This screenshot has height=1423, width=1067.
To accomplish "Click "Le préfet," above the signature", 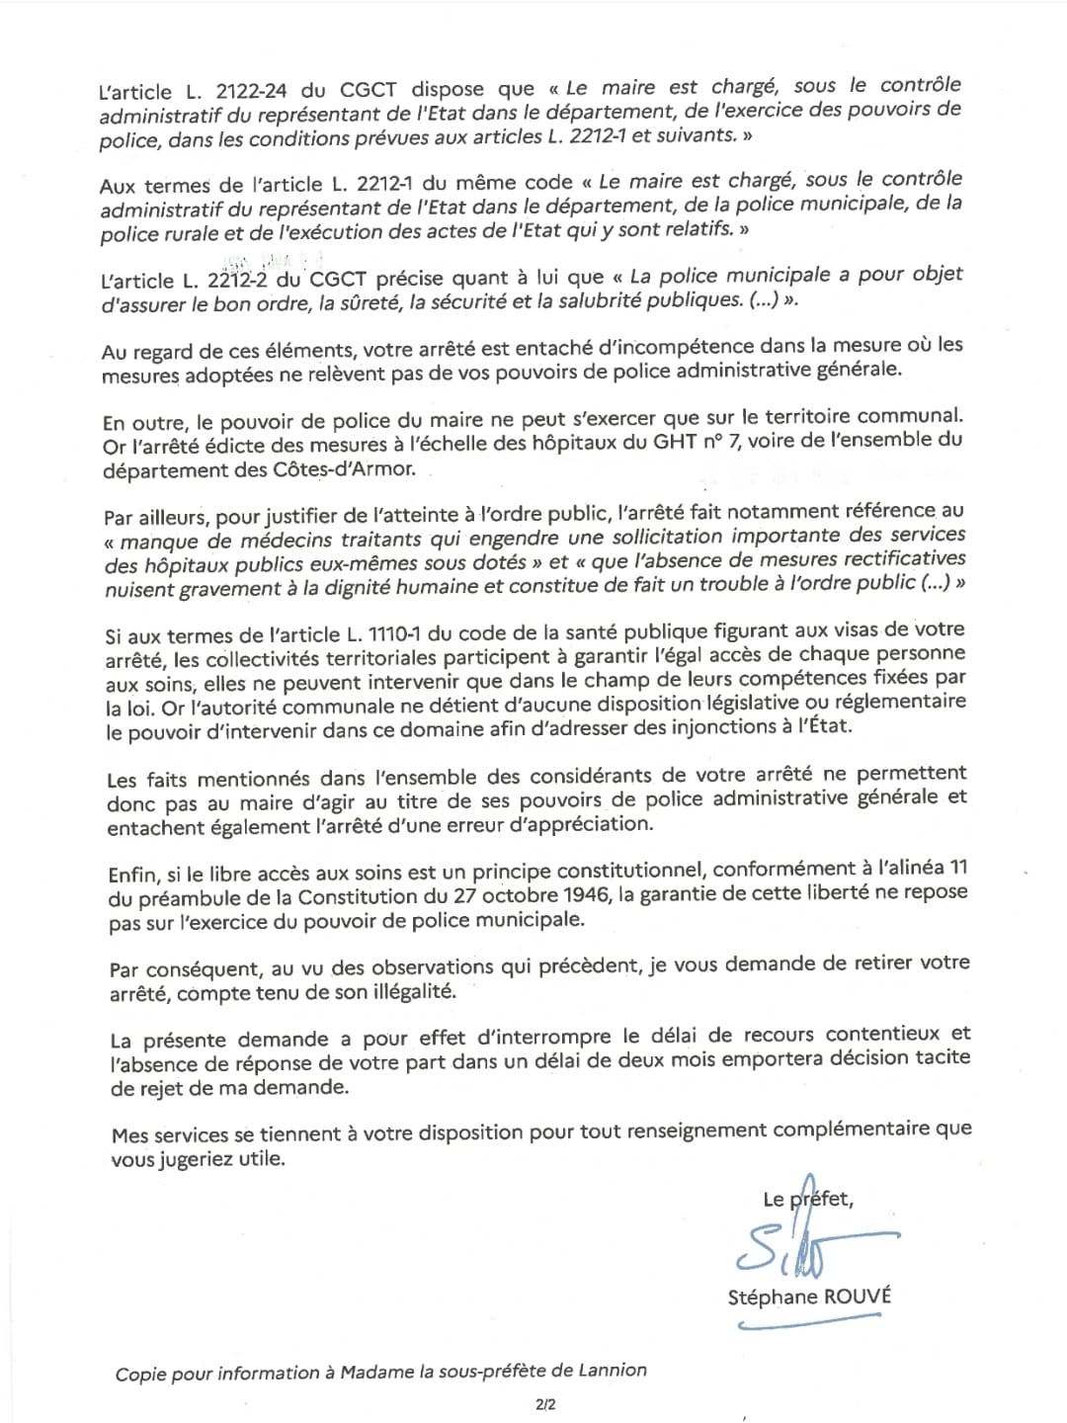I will pyautogui.click(x=808, y=1199).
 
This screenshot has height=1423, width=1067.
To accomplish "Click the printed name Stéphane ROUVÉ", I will pyautogui.click(x=809, y=1297).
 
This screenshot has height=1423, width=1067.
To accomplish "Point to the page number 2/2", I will pyautogui.click(x=545, y=1403).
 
